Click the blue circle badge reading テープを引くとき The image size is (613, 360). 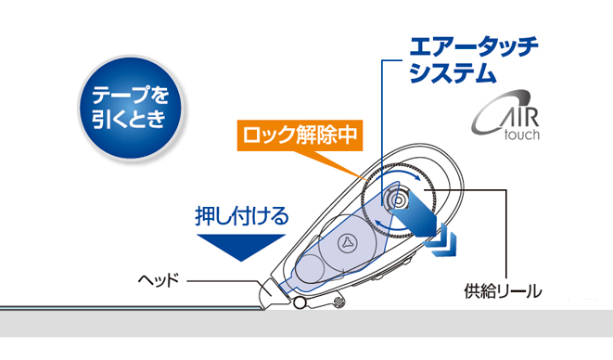130,108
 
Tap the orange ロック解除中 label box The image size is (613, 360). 300,135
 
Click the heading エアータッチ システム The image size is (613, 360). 474,59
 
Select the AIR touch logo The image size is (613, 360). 505,115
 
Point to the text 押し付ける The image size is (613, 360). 242,216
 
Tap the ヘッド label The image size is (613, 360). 159,280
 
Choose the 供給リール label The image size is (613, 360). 503,291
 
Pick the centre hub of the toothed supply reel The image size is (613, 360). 399,200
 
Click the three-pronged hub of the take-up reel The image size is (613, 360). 347,243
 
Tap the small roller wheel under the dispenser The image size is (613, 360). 300,302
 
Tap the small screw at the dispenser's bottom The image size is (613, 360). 338,302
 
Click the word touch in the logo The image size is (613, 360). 522,135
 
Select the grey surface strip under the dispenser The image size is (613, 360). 306,324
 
